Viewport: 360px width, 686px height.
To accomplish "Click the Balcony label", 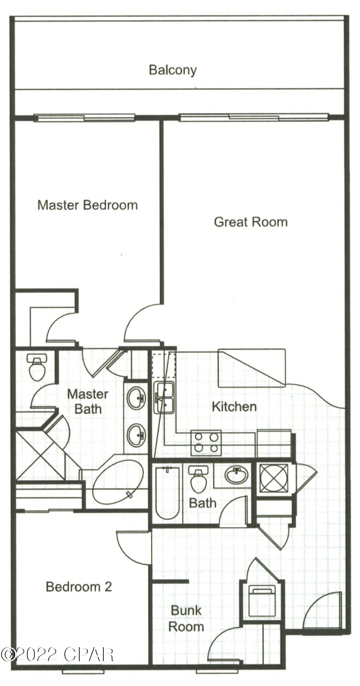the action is pyautogui.click(x=173, y=70).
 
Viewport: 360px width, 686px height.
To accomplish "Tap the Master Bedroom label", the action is pyautogui.click(x=88, y=205).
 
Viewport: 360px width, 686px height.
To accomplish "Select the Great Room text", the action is pyautogui.click(x=251, y=222).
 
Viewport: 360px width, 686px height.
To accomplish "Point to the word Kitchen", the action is pyautogui.click(x=234, y=407).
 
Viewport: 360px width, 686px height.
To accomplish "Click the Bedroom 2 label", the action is pyautogui.click(x=79, y=587).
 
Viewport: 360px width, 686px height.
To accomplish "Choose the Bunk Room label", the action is pyautogui.click(x=186, y=618).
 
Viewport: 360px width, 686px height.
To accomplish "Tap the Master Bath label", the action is pyautogui.click(x=88, y=402).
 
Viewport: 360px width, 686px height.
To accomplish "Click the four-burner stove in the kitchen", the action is pyautogui.click(x=206, y=442).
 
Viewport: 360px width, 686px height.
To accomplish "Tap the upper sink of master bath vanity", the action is pyautogui.click(x=136, y=398).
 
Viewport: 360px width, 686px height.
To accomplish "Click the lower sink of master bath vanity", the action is pyautogui.click(x=136, y=435).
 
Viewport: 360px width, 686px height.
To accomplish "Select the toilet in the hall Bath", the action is pyautogui.click(x=198, y=479).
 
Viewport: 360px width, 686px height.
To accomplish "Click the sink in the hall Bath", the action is pyautogui.click(x=236, y=475).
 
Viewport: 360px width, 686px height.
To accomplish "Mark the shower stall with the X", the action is pyautogui.click(x=40, y=455).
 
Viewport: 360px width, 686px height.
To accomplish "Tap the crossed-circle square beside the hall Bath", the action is pyautogui.click(x=274, y=478).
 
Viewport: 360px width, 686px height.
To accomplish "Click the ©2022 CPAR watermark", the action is pyautogui.click(x=57, y=645).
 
